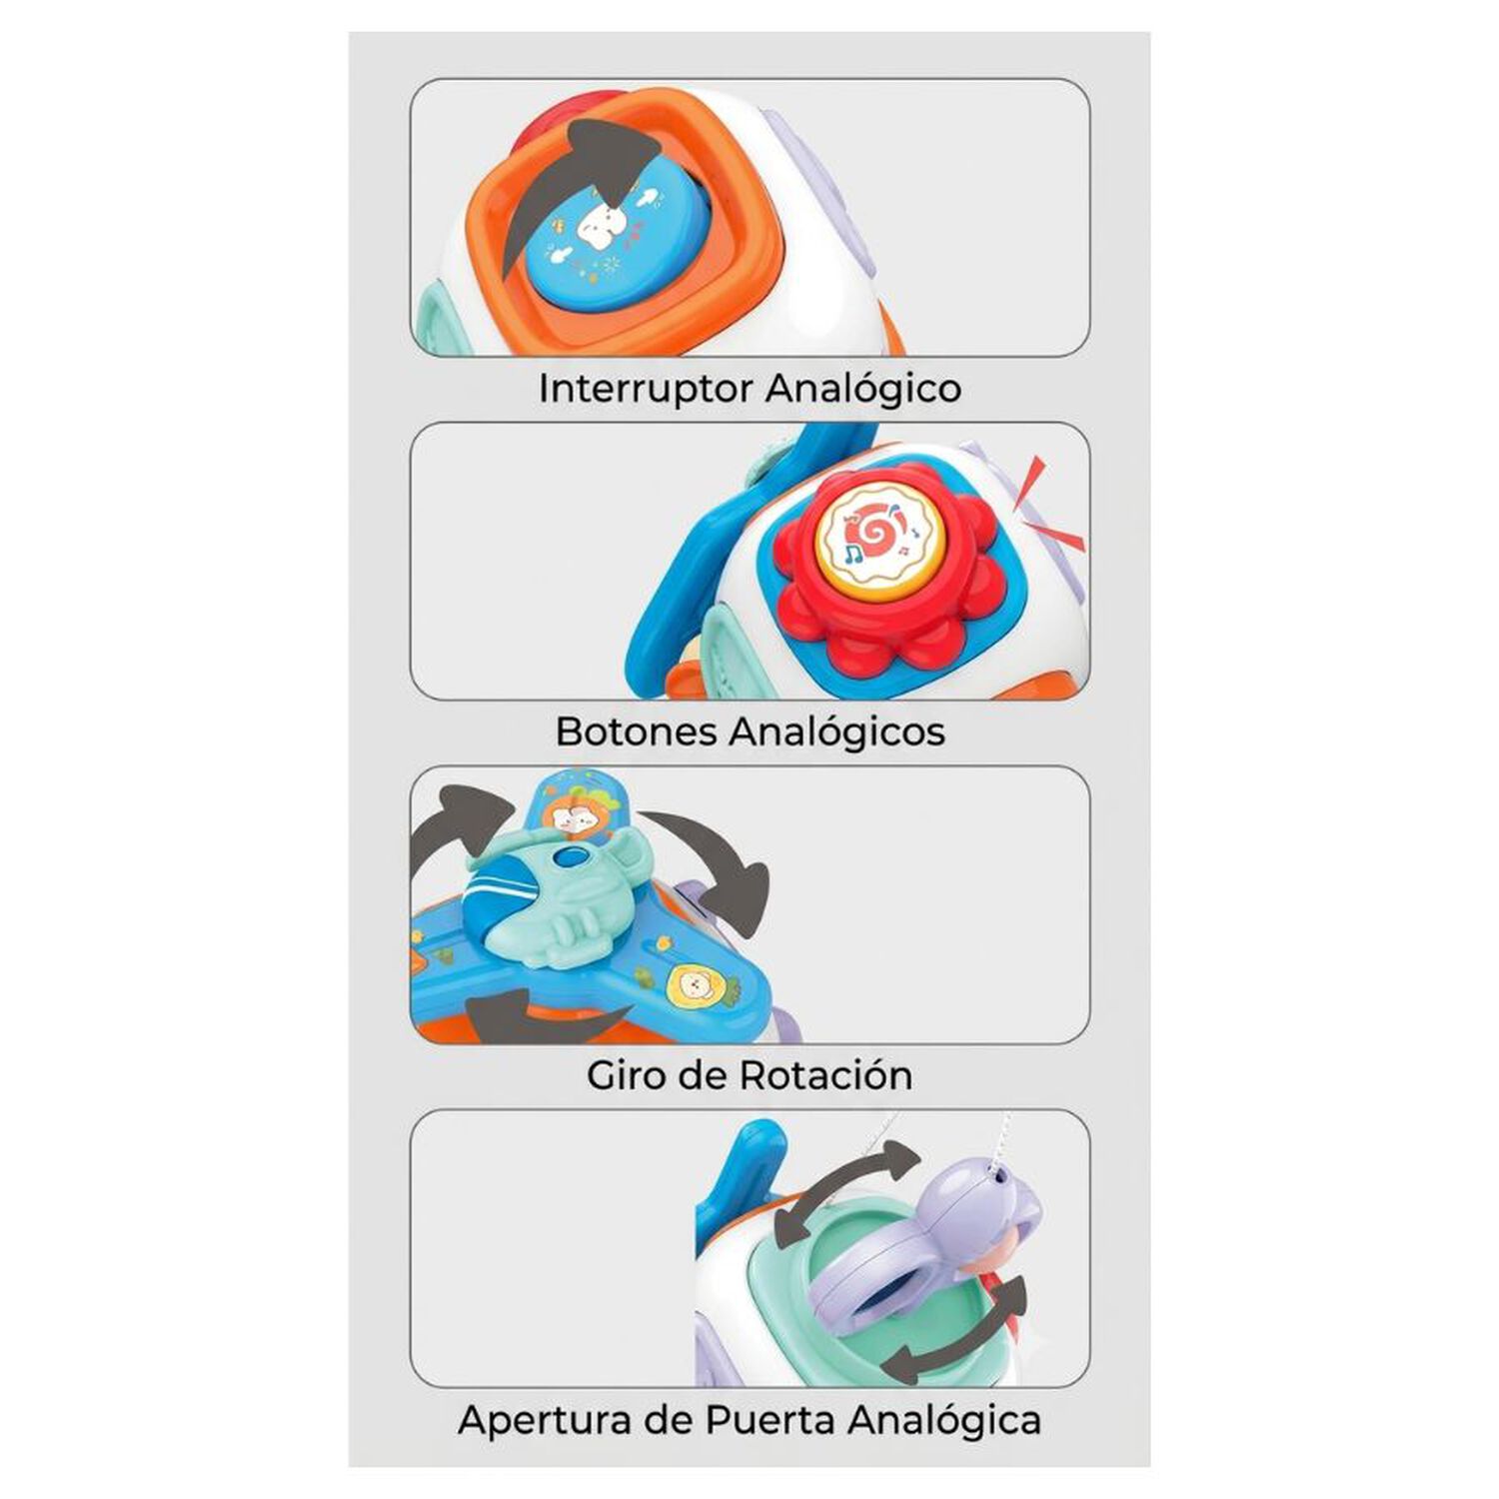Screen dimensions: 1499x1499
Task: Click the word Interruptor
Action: pyautogui.click(x=644, y=389)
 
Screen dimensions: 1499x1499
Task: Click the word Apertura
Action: pyautogui.click(x=556, y=1420)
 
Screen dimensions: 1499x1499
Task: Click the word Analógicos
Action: pyautogui.click(x=836, y=733)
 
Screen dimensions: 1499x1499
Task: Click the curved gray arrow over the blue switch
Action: pyautogui.click(x=575, y=185)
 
